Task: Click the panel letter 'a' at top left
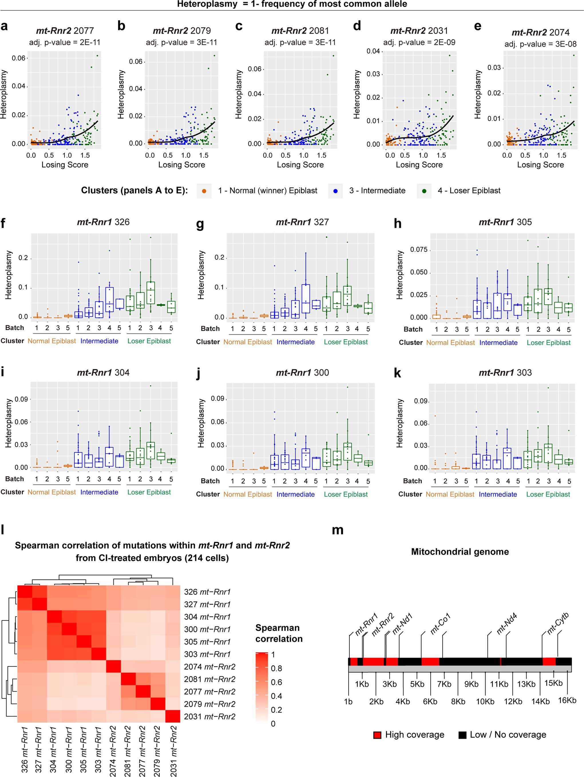tap(4, 27)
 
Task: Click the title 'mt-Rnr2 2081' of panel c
tap(300, 31)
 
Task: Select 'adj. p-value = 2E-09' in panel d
tap(419, 43)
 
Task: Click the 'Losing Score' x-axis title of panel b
tap(181, 165)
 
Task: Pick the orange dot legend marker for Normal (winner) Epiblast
tap(204, 191)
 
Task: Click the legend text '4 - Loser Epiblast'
tap(469, 191)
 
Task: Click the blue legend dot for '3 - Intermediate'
tap(336, 191)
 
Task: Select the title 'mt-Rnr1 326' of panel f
tap(103, 222)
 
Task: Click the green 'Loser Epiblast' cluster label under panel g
tap(345, 342)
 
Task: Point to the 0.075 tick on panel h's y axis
tap(419, 250)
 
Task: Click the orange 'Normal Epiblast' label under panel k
tap(450, 494)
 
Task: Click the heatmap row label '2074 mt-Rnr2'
tap(209, 667)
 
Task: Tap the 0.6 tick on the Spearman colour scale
tap(276, 682)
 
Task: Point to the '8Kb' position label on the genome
tap(458, 702)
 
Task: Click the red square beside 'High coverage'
tap(377, 735)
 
